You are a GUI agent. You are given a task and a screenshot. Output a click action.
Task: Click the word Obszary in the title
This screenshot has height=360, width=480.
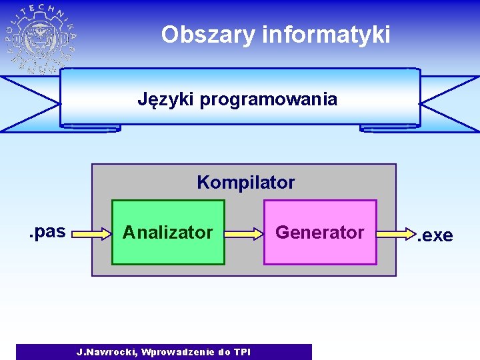coord(207,35)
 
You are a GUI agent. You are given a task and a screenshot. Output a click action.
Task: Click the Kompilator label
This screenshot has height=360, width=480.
coord(245,182)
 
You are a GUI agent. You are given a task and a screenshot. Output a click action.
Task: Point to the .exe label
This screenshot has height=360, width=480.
coord(435,235)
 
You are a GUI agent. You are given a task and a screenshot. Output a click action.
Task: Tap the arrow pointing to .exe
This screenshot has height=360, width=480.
coord(397,234)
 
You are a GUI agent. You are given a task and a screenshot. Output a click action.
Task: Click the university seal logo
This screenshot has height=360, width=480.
coord(40,39)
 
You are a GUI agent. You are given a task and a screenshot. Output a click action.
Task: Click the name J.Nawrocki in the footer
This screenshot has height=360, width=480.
coord(106,352)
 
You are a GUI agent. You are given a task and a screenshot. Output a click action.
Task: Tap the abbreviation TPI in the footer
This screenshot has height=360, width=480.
coord(242,352)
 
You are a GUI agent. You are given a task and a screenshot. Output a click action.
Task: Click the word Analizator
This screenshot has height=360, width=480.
coord(167,232)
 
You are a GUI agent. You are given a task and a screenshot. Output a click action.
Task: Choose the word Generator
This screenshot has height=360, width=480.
coord(320,232)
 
